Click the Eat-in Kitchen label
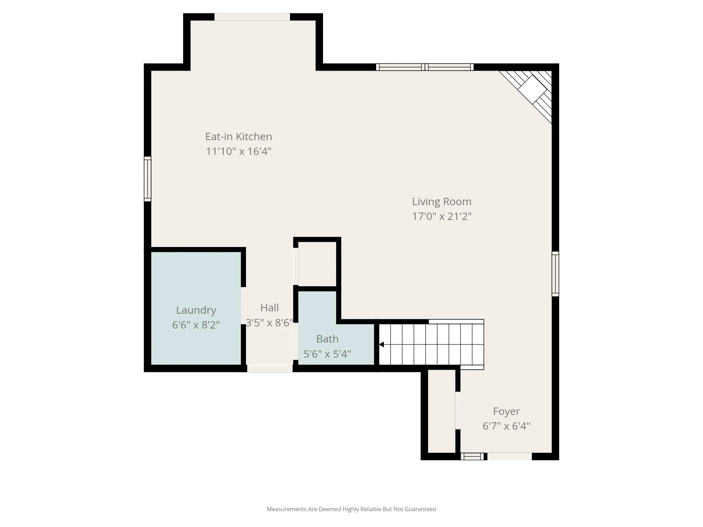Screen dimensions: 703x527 click(239, 136)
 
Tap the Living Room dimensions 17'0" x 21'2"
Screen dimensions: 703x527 click(442, 216)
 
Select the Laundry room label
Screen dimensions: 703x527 click(196, 310)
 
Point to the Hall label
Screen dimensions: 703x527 click(270, 308)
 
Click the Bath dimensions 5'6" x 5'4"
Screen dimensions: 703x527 click(327, 354)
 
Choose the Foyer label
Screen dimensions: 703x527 click(506, 411)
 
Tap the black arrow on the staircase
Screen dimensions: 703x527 click(381, 345)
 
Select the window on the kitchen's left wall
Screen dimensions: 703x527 click(148, 179)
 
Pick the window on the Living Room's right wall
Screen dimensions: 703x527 click(555, 274)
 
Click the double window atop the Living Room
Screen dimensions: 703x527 click(425, 67)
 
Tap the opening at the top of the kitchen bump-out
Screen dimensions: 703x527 click(252, 17)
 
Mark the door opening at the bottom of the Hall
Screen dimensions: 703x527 click(270, 368)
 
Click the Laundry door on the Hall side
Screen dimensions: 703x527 click(243, 306)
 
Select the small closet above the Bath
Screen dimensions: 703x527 click(317, 264)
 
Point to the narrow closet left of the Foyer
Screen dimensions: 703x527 click(442, 411)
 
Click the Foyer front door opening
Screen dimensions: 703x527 click(509, 456)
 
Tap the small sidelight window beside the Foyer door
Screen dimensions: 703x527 click(472, 456)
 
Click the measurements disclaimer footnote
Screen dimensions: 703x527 click(351, 509)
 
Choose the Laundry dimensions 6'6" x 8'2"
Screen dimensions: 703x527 click(196, 325)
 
